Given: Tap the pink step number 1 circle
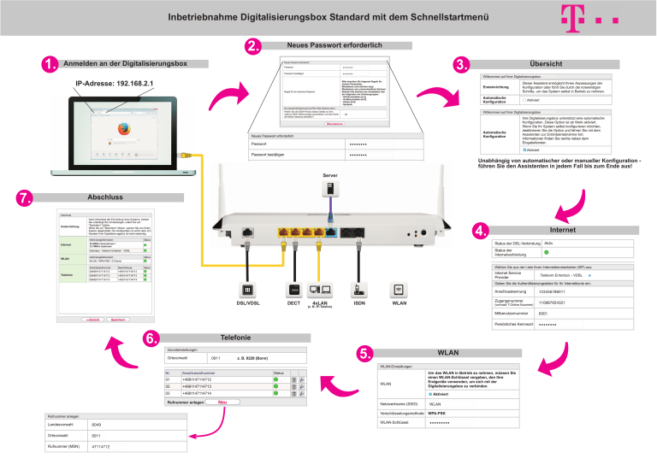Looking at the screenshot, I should (x=50, y=64).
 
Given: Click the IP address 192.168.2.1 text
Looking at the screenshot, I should (x=115, y=84).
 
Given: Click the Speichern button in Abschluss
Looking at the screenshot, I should (x=121, y=319).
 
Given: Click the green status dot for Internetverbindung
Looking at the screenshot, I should (x=547, y=252).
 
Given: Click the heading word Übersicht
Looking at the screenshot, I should (x=545, y=64).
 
